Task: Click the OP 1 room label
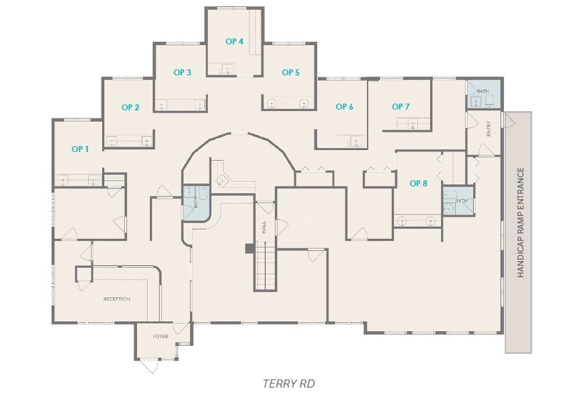80,149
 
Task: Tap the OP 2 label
130,108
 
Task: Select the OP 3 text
183,73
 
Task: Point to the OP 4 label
235,42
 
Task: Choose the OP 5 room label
290,73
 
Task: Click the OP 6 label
344,107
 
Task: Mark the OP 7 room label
401,107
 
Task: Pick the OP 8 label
418,184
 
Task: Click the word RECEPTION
116,299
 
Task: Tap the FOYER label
161,336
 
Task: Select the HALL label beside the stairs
263,227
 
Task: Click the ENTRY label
489,129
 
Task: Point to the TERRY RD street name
289,384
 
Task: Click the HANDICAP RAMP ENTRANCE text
521,222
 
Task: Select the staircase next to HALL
265,266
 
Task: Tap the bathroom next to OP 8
458,201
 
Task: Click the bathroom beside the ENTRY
484,95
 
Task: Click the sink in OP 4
228,69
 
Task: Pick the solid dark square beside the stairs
249,248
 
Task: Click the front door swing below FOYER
150,366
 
